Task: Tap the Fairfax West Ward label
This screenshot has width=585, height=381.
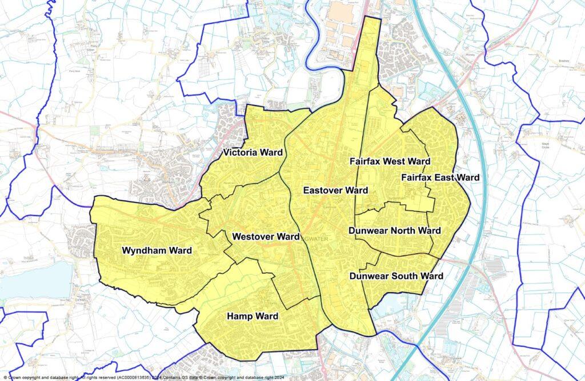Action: [x=390, y=161]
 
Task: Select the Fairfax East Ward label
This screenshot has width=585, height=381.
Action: [x=440, y=178]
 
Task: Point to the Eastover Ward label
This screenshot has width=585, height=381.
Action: [x=335, y=190]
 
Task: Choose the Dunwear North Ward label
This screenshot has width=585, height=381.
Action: [x=394, y=231]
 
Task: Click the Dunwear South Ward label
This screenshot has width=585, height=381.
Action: [x=396, y=276]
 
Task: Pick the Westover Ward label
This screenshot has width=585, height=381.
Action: [x=266, y=236]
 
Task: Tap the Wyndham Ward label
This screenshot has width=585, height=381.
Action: [x=157, y=250]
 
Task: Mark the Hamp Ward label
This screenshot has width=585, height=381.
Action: [x=253, y=316]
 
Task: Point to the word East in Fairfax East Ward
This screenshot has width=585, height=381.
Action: [x=443, y=178]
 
